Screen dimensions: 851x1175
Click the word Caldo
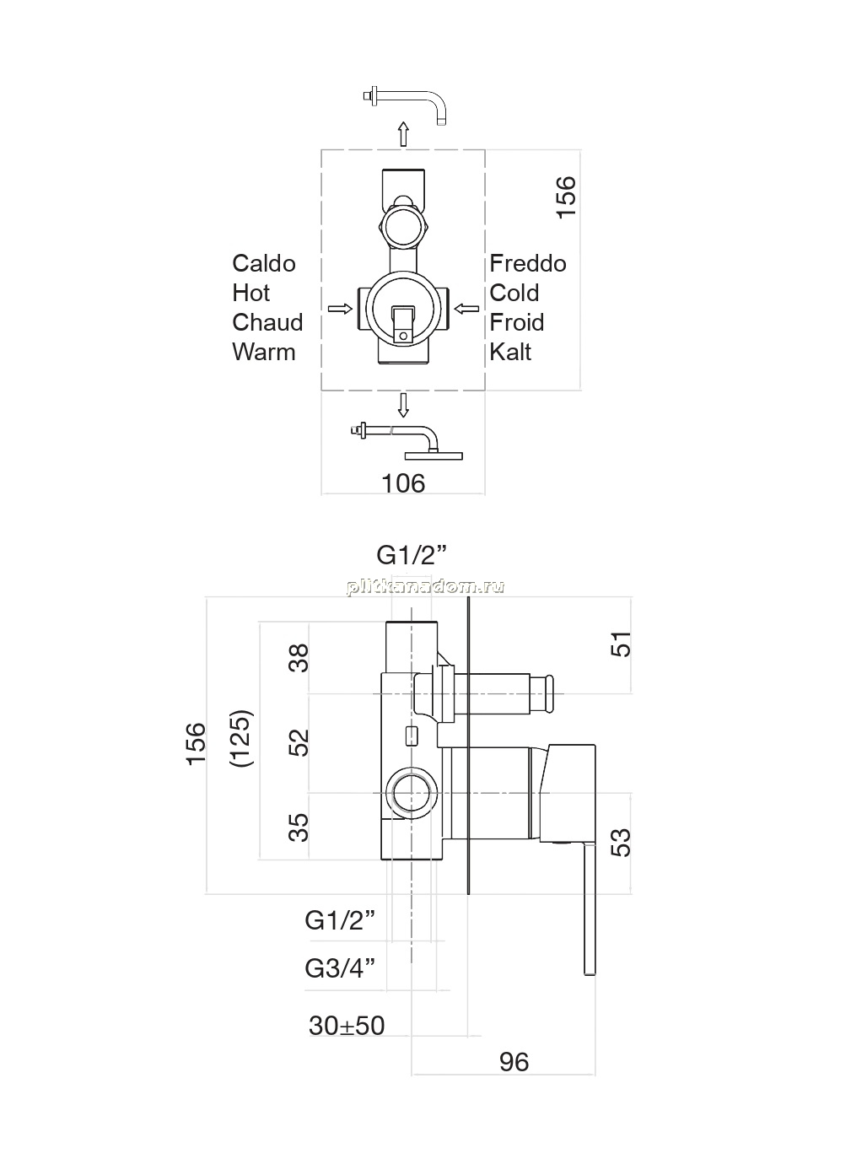(264, 263)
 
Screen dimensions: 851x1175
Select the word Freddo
(527, 263)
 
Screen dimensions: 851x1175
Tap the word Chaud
(267, 322)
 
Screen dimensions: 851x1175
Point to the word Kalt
(510, 352)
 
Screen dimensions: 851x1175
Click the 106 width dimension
(403, 483)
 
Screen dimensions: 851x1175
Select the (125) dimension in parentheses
(242, 739)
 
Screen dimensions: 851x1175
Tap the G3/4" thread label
(340, 969)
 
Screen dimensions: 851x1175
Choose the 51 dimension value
(622, 644)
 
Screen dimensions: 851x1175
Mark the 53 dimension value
(622, 843)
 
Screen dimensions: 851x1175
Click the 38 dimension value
(299, 658)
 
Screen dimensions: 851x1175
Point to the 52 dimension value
(299, 742)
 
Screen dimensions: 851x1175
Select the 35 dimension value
(299, 827)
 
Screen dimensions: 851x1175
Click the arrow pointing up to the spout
(402, 134)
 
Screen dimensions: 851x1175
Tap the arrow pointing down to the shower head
(402, 404)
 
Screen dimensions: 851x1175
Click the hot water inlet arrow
(340, 309)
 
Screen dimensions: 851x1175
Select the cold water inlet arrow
(466, 309)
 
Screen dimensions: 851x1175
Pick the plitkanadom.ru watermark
(425, 586)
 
